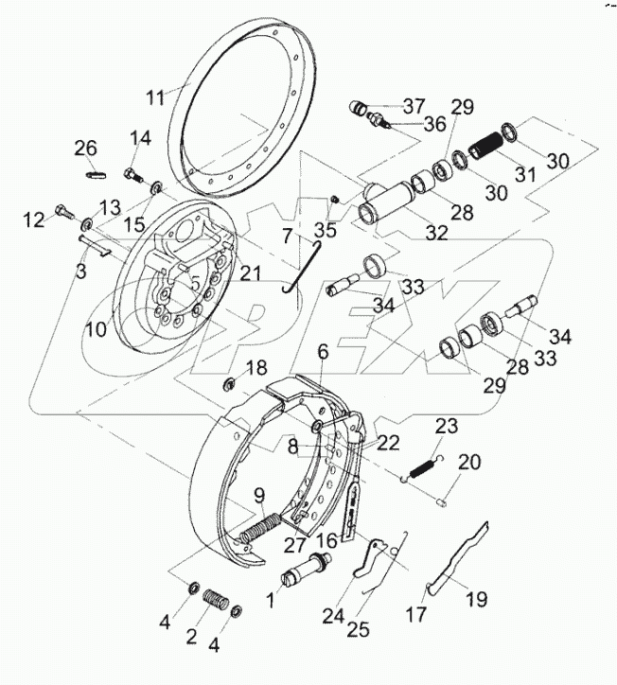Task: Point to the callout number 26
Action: (x=86, y=148)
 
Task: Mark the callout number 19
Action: (x=476, y=598)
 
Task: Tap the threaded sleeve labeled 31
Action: (x=488, y=149)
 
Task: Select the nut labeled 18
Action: (x=229, y=384)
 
